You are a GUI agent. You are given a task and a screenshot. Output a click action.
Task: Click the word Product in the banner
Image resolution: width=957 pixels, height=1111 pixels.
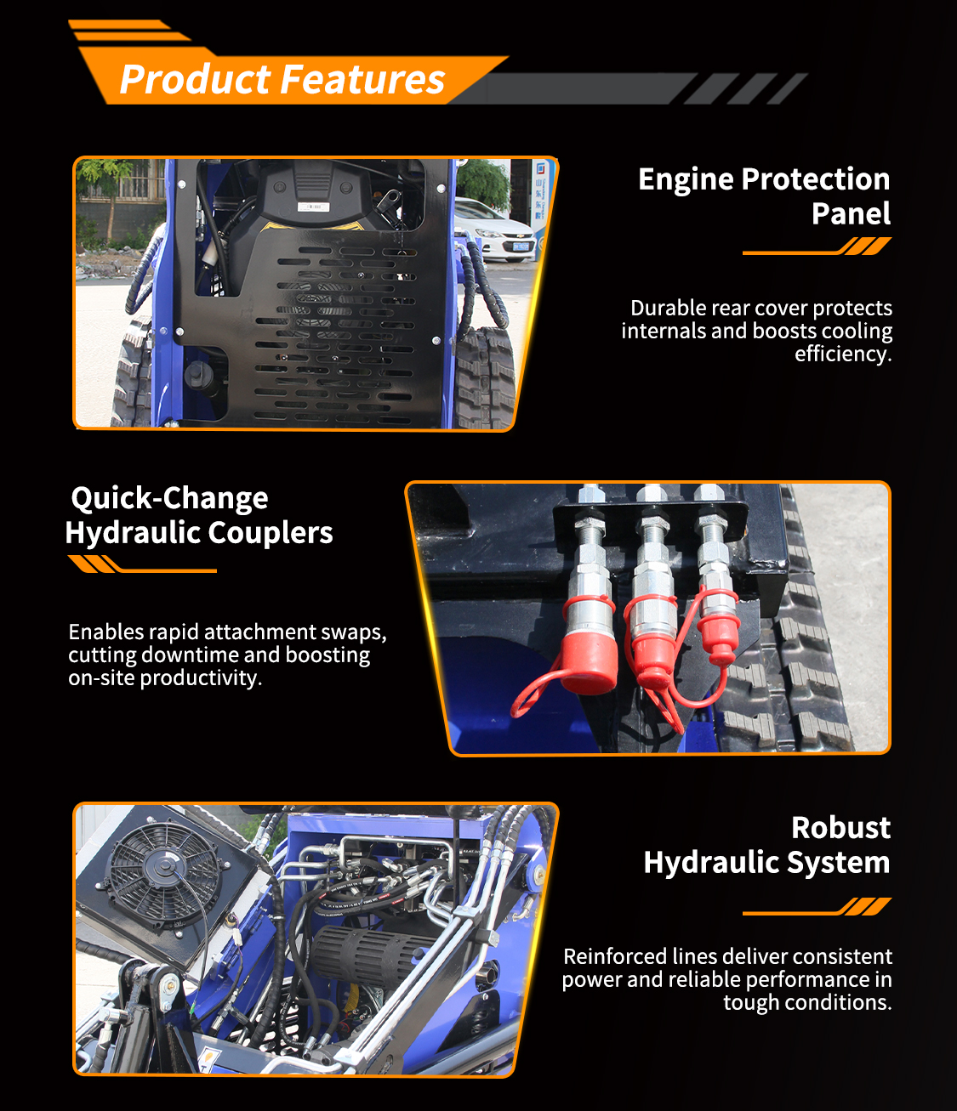click(x=195, y=80)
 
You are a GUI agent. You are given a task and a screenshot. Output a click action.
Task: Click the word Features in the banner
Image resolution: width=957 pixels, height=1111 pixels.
click(x=363, y=80)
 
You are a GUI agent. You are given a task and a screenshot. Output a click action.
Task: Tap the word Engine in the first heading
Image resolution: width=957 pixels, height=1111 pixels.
click(x=686, y=180)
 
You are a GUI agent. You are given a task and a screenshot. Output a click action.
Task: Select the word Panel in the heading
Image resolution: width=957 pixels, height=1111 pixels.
click(x=851, y=213)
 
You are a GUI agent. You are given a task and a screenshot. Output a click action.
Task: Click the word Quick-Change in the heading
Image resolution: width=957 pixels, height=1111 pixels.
click(x=169, y=498)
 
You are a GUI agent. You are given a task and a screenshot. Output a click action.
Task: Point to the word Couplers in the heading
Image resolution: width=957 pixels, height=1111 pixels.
click(x=270, y=533)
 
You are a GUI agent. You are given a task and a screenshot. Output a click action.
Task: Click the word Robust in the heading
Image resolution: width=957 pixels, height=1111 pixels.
click(x=840, y=827)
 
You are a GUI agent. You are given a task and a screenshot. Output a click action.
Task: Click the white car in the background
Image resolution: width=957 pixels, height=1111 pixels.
click(x=494, y=230)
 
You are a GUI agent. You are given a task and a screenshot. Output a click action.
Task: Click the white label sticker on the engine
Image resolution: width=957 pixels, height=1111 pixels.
click(x=313, y=207)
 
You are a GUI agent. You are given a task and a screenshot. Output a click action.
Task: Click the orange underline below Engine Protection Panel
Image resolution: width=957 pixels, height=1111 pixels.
click(x=817, y=247)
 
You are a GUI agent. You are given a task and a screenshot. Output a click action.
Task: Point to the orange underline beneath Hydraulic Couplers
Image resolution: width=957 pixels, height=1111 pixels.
click(x=142, y=564)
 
